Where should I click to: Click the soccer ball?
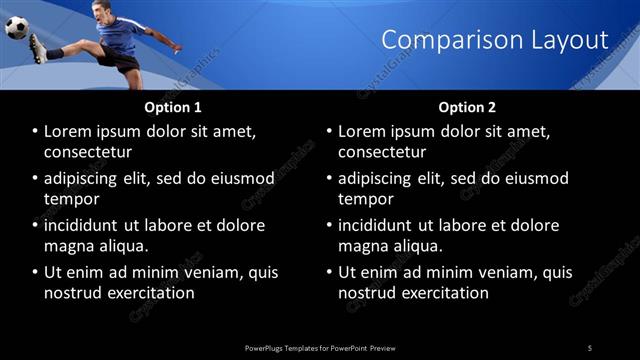tap(17, 27)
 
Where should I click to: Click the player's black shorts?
tap(122, 59)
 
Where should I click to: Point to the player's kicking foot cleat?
tap(37, 48)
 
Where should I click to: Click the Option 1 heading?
tap(172, 106)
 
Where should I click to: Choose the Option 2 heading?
tap(466, 106)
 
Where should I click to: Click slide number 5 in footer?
tap(590, 348)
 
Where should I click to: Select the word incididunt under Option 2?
tap(378, 225)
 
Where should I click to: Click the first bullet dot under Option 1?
tap(36, 132)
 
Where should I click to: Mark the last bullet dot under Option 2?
tap(330, 272)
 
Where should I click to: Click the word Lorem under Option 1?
tap(67, 132)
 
